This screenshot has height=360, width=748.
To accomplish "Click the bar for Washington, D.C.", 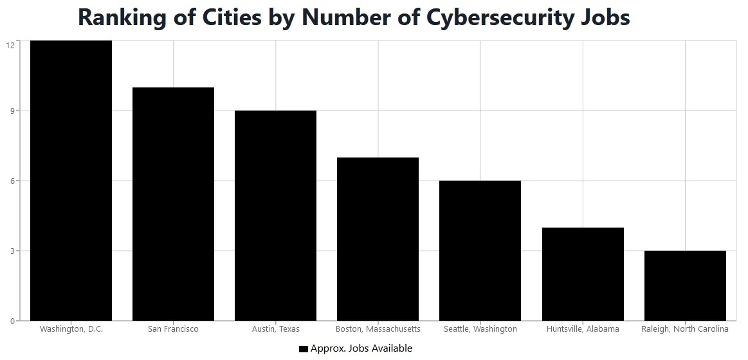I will point(71,181).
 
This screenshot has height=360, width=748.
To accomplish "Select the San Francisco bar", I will point(173,204).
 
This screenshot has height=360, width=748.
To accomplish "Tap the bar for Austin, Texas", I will point(275,215).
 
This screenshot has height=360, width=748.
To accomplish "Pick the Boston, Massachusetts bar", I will point(378,239).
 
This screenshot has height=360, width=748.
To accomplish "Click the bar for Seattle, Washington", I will point(480,251).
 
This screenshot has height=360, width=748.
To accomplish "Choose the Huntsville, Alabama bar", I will point(583,274).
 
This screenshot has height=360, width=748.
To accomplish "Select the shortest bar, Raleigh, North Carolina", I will point(685,285).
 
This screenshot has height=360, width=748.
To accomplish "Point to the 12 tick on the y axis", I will point(10,45).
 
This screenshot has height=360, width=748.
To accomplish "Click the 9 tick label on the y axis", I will point(12,111).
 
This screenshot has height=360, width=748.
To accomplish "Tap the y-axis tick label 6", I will point(12,181).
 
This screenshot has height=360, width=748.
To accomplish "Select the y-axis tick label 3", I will point(12,251).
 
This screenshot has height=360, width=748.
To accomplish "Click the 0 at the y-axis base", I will point(12,321).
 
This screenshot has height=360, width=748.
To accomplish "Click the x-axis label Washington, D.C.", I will point(71,329).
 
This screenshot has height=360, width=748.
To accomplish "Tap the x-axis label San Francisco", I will point(173,329).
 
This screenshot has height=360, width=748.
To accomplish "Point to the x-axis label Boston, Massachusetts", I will point(378,329).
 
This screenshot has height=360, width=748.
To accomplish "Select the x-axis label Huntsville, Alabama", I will point(583,329).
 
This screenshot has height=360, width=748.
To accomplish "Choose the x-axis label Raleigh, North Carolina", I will point(685,329).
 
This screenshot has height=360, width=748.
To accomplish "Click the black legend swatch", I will point(304,349).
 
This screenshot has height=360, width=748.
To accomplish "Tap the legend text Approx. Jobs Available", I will point(361,348).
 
